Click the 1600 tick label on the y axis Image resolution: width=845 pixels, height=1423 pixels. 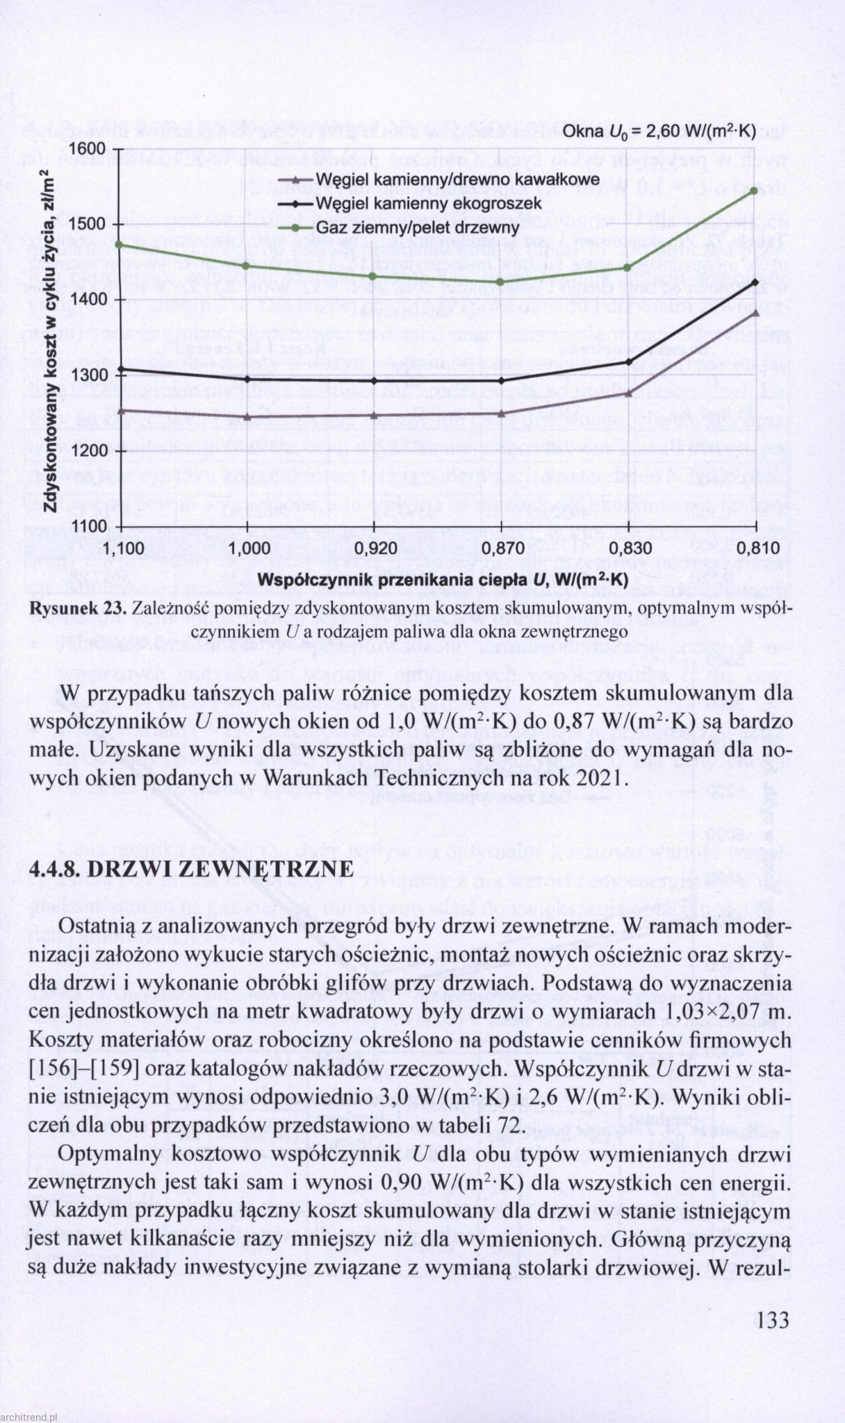click(88, 149)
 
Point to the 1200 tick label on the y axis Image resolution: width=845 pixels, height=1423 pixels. click(88, 451)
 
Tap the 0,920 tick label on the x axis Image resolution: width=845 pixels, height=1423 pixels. click(375, 548)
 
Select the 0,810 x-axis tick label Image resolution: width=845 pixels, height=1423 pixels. click(755, 548)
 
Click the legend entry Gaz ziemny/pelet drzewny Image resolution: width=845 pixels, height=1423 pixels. click(418, 228)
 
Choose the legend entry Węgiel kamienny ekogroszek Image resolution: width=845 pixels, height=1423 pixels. click(429, 204)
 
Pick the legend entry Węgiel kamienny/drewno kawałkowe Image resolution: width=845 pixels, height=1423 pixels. click(457, 180)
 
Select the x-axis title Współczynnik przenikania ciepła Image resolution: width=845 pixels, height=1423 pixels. click(443, 580)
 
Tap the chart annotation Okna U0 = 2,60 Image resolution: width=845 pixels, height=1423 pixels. click(659, 132)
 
